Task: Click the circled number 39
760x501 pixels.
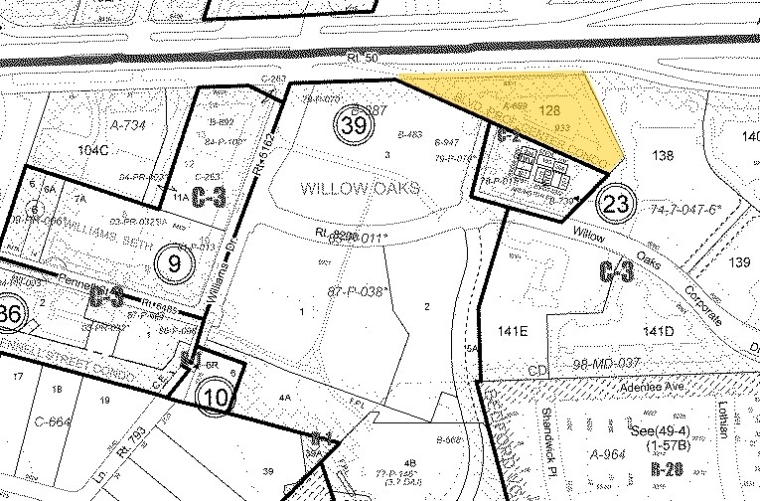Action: (x=352, y=125)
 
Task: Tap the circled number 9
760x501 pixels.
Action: (x=174, y=263)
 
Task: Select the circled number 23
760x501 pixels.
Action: (x=616, y=206)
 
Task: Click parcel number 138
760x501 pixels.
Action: (x=662, y=155)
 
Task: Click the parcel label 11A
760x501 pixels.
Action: (x=180, y=199)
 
